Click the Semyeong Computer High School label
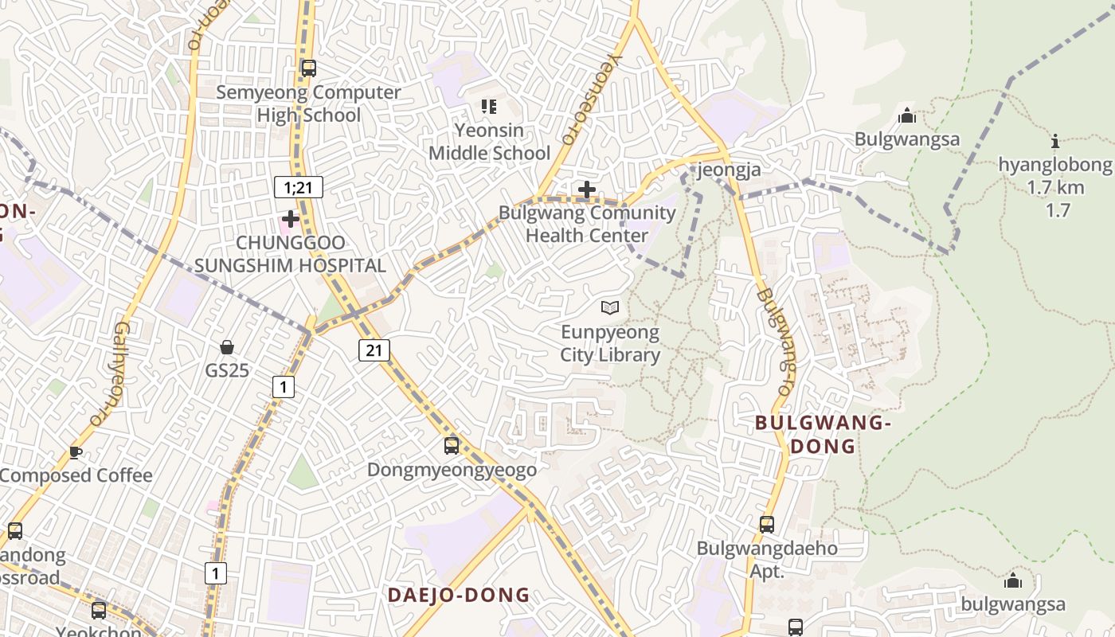[308, 104]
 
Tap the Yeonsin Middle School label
[489, 142]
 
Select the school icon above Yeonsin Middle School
[489, 106]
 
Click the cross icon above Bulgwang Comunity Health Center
[587, 190]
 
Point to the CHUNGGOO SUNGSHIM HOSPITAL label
[291, 254]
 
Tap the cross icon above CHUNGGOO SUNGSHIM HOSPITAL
[291, 218]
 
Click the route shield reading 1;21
[298, 187]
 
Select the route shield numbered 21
[374, 350]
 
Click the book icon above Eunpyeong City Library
[610, 307]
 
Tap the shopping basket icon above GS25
[227, 347]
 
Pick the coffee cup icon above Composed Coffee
[76, 452]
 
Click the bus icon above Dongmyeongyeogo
[452, 445]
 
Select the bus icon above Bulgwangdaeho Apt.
[767, 525]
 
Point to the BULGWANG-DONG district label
[823, 434]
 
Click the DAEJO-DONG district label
[459, 595]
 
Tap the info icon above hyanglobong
[1056, 142]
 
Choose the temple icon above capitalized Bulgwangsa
[906, 116]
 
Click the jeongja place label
[729, 170]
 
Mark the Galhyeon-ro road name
[110, 374]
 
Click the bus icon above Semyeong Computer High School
[308, 68]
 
